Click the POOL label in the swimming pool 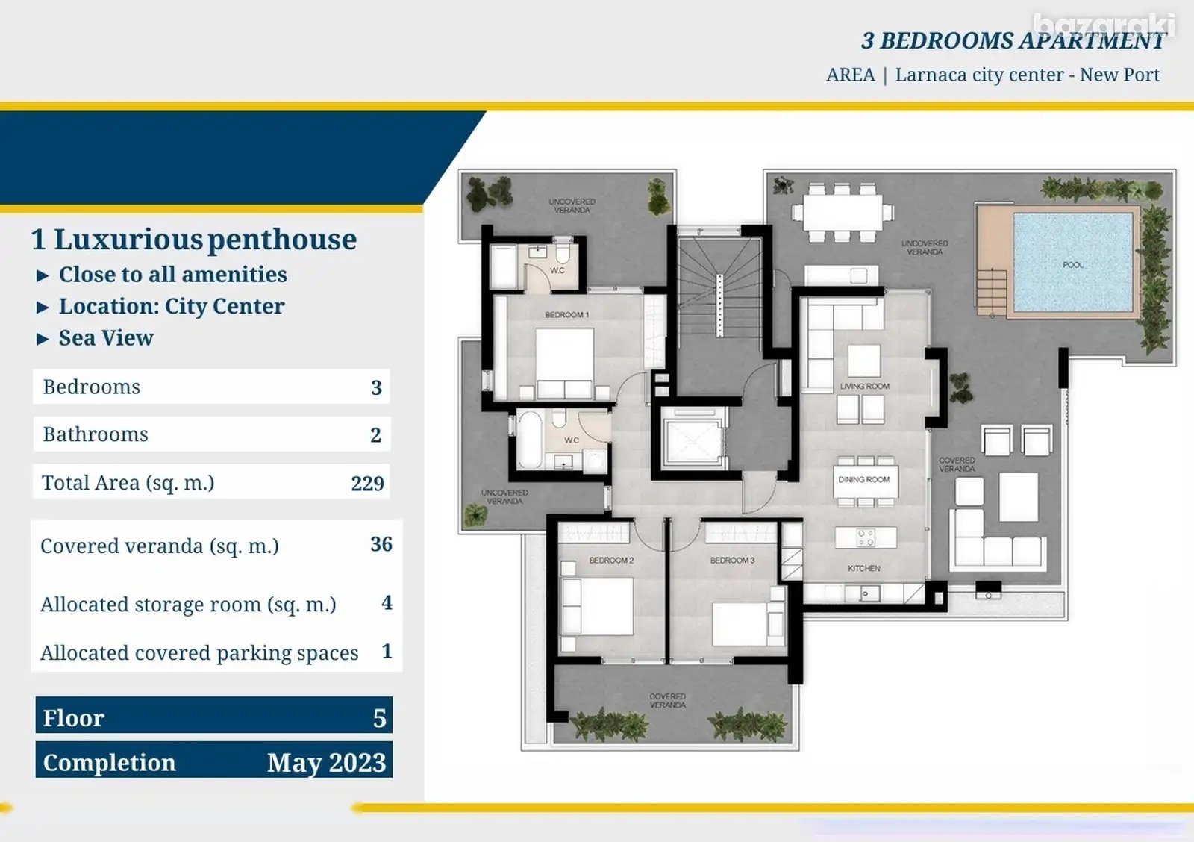(1073, 265)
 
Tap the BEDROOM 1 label (566, 314)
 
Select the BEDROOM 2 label (611, 560)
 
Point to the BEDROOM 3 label (732, 560)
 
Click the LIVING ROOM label (865, 386)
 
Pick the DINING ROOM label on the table (863, 479)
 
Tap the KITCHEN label (864, 569)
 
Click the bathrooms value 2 (376, 435)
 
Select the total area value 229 (367, 484)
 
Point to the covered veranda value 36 (381, 544)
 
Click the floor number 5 (380, 718)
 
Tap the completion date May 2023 (326, 763)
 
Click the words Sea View (106, 338)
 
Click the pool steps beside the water (992, 292)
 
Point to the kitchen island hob (866, 537)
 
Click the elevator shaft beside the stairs (693, 439)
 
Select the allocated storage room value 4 (387, 602)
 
